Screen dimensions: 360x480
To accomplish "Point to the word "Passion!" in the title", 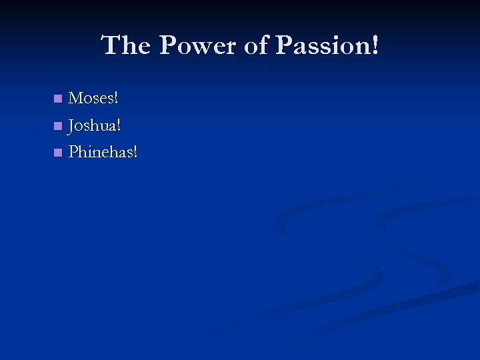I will point(327,46).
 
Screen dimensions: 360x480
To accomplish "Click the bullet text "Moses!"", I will point(93,99).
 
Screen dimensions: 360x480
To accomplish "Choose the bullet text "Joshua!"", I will point(95,125).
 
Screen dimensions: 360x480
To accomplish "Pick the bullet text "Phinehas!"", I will point(103,152).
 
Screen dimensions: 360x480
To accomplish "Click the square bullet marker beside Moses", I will point(58,99).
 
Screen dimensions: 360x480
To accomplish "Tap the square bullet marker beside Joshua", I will point(58,126).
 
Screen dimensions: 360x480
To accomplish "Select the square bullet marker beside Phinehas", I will point(58,153).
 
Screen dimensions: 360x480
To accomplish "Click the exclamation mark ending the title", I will point(375,46).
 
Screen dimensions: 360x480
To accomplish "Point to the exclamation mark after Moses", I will point(117,99).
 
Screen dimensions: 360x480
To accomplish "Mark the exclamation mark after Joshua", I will point(119,125).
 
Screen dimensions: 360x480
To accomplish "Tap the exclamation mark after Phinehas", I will point(136,152).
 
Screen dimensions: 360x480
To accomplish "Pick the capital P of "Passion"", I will point(284,46).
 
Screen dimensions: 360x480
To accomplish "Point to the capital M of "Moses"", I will point(76,99).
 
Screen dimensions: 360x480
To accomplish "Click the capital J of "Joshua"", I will point(72,126).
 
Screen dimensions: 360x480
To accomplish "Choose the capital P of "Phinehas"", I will point(73,152).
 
